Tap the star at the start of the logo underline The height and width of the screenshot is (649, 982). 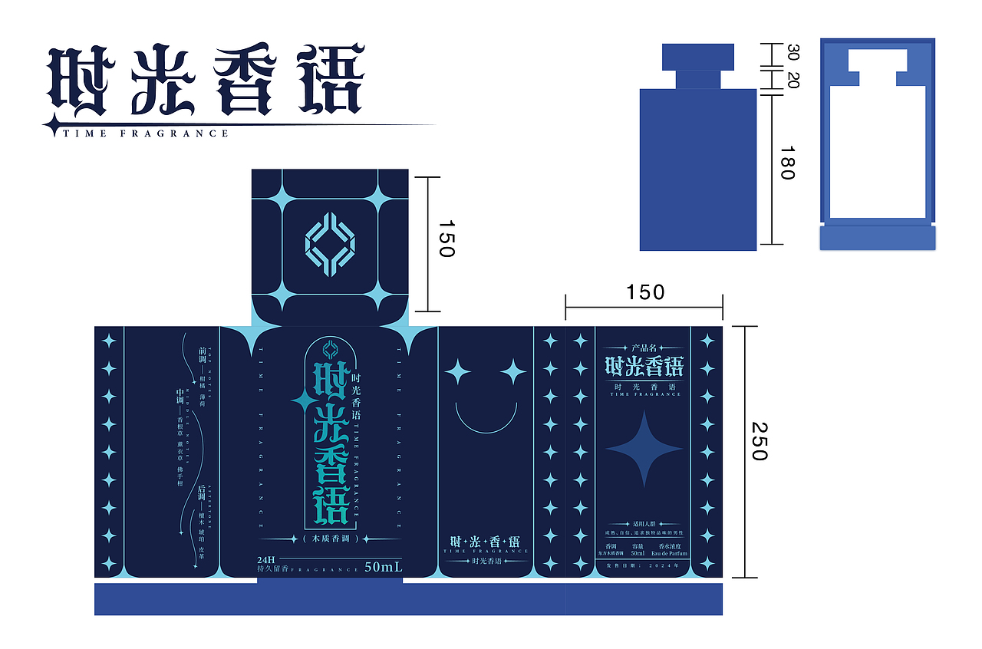coord(52,125)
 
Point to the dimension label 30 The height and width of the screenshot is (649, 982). coord(793,53)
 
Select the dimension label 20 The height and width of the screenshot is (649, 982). coord(793,79)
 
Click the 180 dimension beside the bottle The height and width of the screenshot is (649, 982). coord(786,163)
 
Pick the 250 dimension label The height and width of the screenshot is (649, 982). coord(758,441)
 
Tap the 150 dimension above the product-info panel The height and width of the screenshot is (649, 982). coord(644,292)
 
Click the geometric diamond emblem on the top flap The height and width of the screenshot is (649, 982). coord(330,244)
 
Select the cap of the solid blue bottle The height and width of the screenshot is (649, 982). coord(698,58)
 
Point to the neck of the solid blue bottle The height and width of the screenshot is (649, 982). coord(698,80)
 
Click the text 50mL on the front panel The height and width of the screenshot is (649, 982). coord(384,568)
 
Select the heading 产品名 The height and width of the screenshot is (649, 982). coord(644,348)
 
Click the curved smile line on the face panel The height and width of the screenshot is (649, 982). coord(486,417)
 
